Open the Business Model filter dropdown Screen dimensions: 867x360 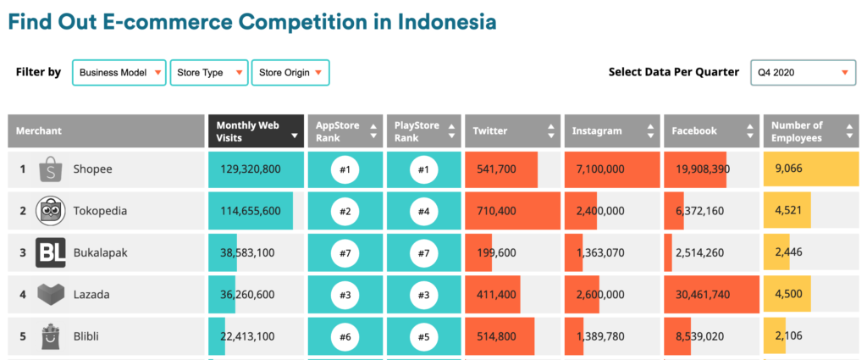pos(119,73)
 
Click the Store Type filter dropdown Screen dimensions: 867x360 pos(208,73)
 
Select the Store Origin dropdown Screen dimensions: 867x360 pos(290,73)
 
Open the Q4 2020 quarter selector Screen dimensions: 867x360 pos(803,73)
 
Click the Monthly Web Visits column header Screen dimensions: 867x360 pos(256,131)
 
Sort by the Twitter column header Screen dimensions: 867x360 pos(512,131)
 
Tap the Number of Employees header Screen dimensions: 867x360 pos(811,131)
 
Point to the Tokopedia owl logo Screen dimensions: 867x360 pos(50,211)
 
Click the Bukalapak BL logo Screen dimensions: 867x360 pos(50,252)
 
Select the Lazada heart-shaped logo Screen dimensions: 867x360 pos(51,295)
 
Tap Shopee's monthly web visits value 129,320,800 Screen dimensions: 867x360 pos(251,169)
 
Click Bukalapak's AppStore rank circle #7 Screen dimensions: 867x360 pos(345,252)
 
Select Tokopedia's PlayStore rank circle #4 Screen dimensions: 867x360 pos(423,211)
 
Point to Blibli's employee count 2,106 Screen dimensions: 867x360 pos(788,336)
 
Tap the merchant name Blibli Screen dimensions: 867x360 pos(86,336)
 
